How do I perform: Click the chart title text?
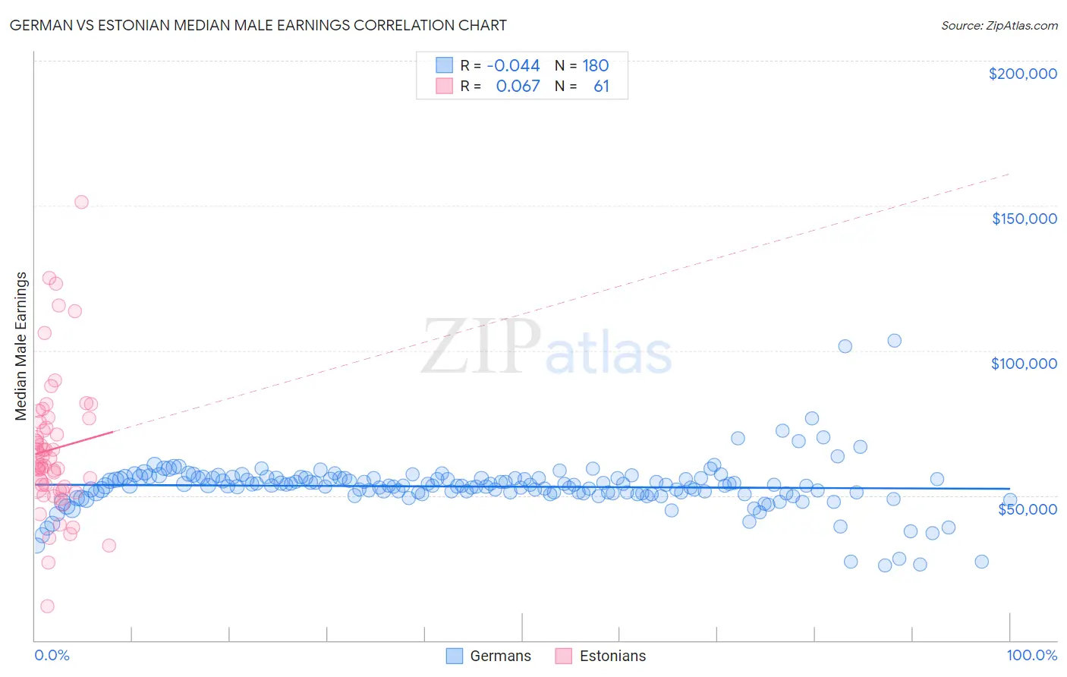[259, 25]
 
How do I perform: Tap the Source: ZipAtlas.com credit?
[999, 25]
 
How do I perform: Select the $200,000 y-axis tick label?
[1022, 74]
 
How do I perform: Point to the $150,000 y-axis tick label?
[1024, 219]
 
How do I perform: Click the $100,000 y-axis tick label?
[1024, 364]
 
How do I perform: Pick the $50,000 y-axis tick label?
[1027, 509]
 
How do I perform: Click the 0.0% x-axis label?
[52, 655]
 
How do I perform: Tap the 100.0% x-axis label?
[1031, 655]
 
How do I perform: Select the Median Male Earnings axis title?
[20, 345]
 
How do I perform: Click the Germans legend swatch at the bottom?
[454, 656]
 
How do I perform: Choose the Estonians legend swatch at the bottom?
[563, 656]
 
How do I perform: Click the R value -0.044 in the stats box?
[513, 66]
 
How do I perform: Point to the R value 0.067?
[518, 87]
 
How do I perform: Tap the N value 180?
[596, 66]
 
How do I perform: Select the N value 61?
[601, 87]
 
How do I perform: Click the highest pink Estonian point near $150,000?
[81, 202]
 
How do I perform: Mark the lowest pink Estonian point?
[47, 606]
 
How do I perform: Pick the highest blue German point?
[894, 341]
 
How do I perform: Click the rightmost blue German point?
[1009, 500]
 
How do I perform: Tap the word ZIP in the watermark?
[480, 348]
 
